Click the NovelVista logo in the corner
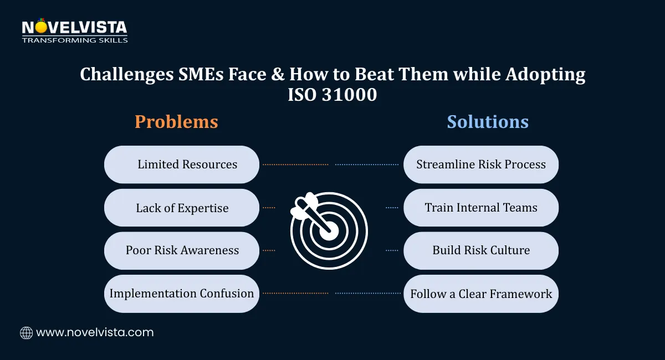(74, 27)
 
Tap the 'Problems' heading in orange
(176, 122)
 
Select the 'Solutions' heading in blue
(488, 122)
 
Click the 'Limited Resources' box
(182, 164)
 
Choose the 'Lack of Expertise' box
(182, 208)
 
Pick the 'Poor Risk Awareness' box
(182, 250)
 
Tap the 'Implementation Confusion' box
(182, 294)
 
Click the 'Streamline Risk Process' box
(481, 164)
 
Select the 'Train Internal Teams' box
(481, 208)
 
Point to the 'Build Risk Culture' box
(481, 250)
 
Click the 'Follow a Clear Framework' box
(481, 294)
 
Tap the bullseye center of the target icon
(329, 231)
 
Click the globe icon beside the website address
(26, 333)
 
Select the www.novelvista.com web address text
(95, 333)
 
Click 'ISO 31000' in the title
(332, 95)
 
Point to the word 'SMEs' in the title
(180, 74)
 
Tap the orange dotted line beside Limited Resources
(295, 164)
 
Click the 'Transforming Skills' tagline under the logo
(74, 40)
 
